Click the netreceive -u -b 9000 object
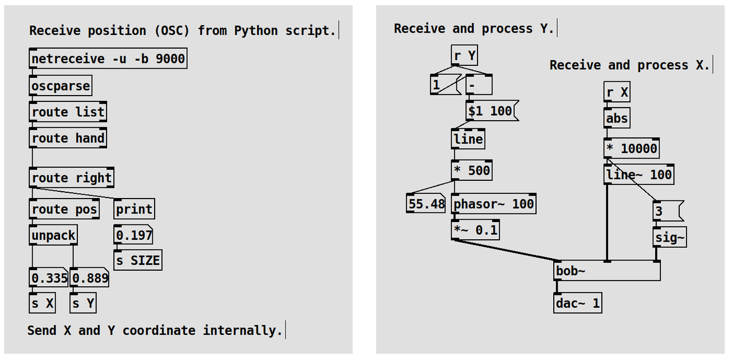(108, 59)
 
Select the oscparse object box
(60, 86)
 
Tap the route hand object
(68, 138)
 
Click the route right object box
(71, 177)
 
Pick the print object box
(134, 209)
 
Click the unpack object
(53, 235)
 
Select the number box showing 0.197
(133, 235)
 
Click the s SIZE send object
(137, 260)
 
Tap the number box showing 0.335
(49, 279)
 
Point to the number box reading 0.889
(90, 279)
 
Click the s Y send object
(83, 303)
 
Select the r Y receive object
(464, 56)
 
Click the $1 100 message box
(491, 110)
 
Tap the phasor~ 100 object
(494, 204)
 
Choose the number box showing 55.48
(426, 204)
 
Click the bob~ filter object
(607, 271)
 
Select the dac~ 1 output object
(577, 303)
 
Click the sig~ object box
(669, 238)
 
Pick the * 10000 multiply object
(631, 149)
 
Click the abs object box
(617, 118)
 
